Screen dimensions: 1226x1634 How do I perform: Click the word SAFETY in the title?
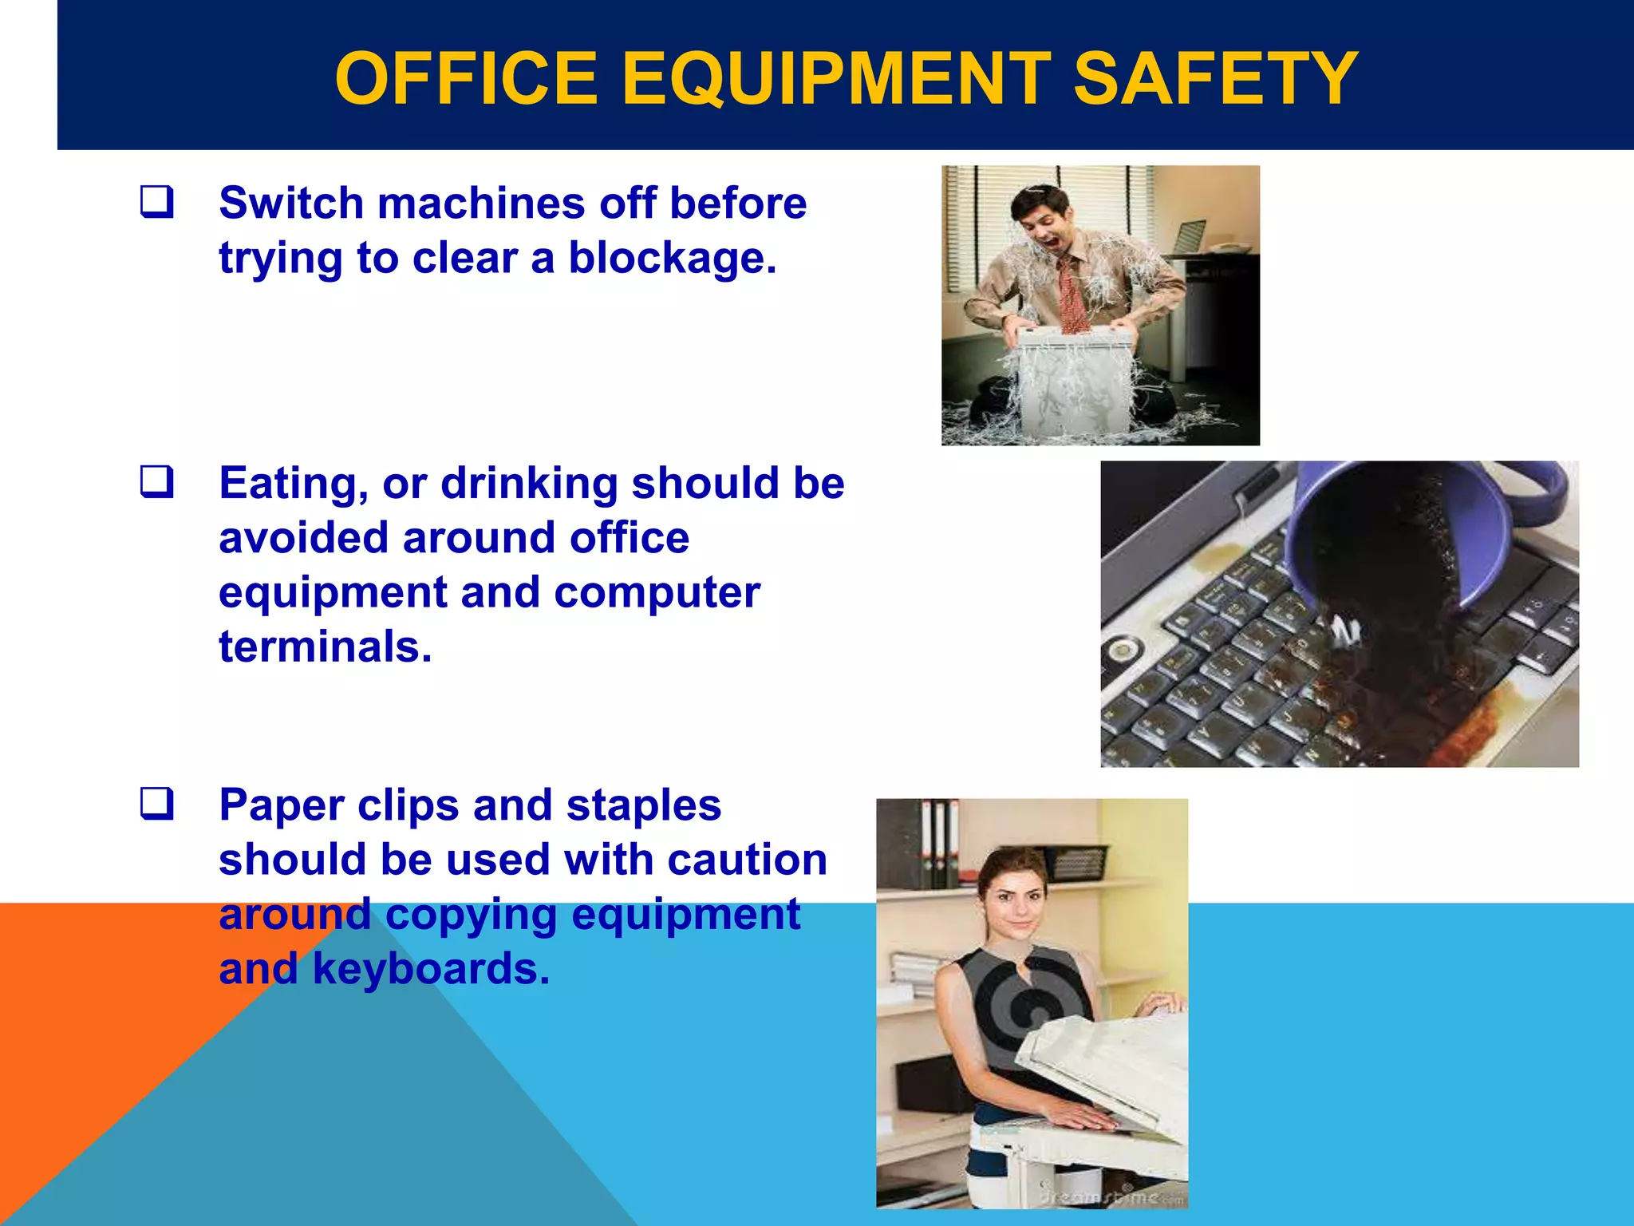click(x=1214, y=78)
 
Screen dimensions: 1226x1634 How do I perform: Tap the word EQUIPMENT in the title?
click(x=835, y=78)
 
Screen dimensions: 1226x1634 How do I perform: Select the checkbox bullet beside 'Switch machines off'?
click(x=156, y=202)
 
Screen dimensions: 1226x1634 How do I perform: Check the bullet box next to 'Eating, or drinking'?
click(x=156, y=482)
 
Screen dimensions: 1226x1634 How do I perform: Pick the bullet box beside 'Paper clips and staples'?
click(x=156, y=804)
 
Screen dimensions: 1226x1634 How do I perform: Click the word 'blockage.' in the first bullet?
click(x=672, y=258)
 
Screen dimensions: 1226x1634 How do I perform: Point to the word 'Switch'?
click(x=291, y=203)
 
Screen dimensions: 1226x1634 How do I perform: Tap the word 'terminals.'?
click(x=326, y=646)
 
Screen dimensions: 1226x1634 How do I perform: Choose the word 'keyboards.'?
click(x=431, y=968)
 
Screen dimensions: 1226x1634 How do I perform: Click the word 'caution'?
click(x=747, y=860)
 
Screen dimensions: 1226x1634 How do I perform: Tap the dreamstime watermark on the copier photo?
click(x=1109, y=1197)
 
